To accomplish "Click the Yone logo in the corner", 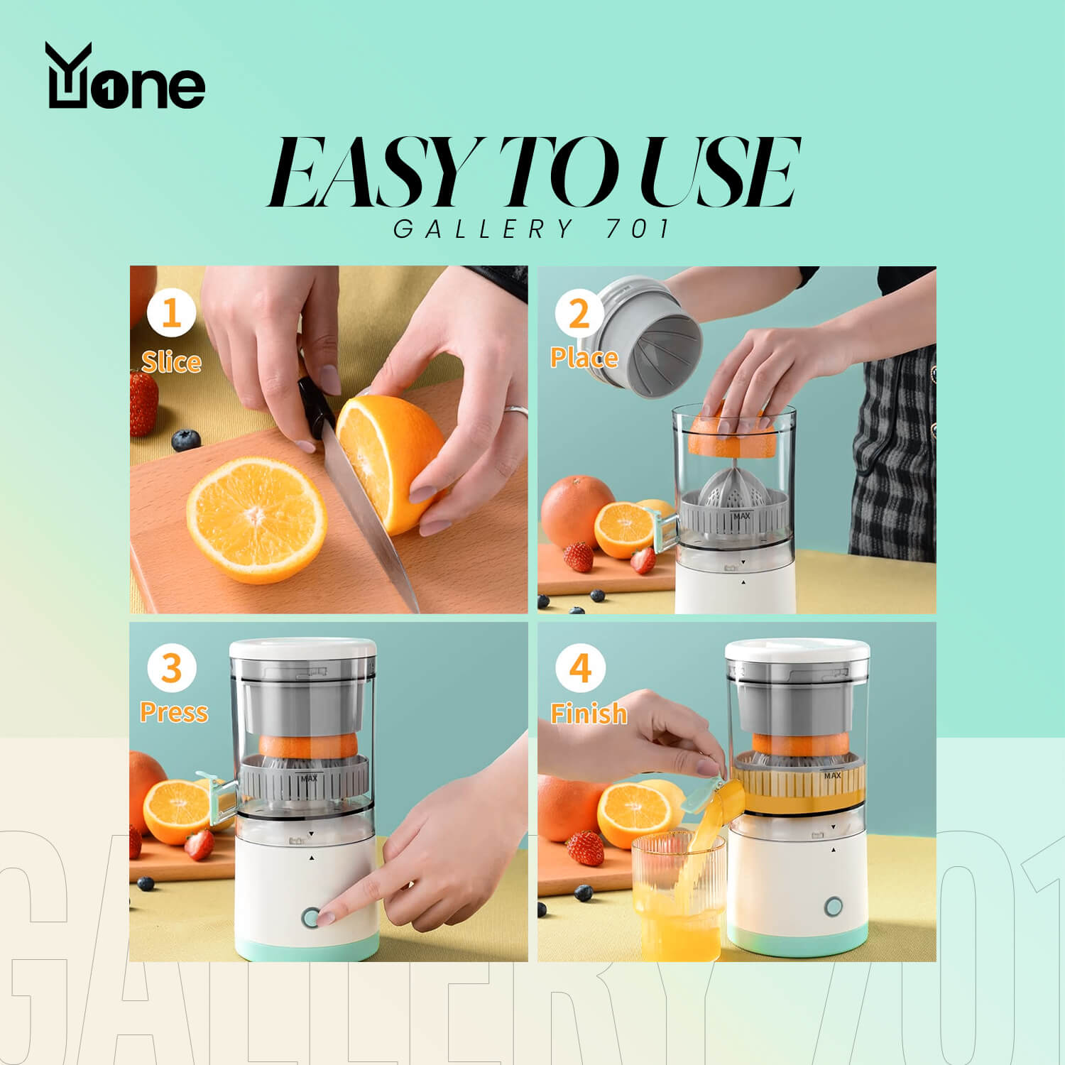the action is [126, 76].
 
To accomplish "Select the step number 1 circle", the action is [171, 313].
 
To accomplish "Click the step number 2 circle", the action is [579, 313].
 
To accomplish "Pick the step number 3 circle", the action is [171, 668].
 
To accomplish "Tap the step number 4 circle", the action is [580, 668].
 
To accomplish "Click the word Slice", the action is [171, 362].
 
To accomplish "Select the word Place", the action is [584, 357].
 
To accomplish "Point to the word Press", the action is [174, 711].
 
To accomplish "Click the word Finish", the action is [589, 713].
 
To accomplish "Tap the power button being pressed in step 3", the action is [310, 917].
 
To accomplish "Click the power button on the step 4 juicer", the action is [834, 907].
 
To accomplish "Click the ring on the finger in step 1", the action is [516, 411].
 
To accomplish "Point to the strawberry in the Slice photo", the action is [143, 403].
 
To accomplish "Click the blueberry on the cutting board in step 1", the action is [185, 440].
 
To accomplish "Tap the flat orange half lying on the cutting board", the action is [256, 520].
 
